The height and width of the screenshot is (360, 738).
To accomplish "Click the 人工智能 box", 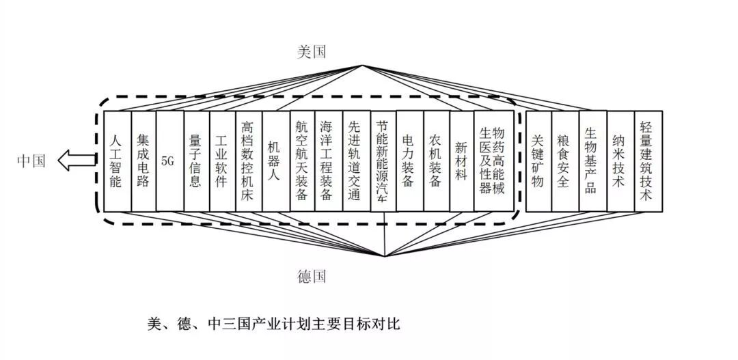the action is [116, 161].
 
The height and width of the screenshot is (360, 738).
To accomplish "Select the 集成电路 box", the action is [143, 161].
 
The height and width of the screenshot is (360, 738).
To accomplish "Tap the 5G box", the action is [169, 161].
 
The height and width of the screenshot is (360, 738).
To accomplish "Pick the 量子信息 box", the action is [196, 161].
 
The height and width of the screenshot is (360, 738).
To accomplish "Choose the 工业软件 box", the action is [223, 161].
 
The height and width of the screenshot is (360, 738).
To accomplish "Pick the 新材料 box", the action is [463, 161].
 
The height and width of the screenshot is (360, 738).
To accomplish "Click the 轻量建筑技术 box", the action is [648, 161].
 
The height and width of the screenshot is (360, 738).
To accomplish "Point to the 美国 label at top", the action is [312, 52].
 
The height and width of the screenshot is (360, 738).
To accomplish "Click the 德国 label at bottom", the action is [312, 276].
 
